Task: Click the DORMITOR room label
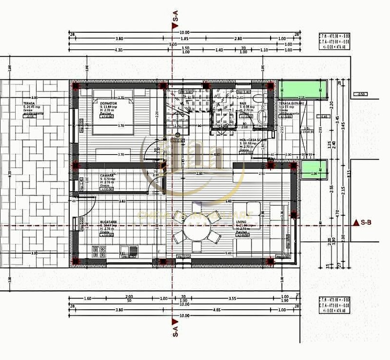pyautogui.click(x=109, y=104)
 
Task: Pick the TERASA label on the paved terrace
pyautogui.click(x=28, y=104)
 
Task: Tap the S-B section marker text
pyautogui.click(x=366, y=222)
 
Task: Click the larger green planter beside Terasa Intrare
pyautogui.click(x=302, y=90)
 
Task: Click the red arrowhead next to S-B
pyautogui.click(x=355, y=222)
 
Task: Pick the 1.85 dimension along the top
pyautogui.click(x=185, y=39)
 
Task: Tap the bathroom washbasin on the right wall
pyautogui.click(x=263, y=117)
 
